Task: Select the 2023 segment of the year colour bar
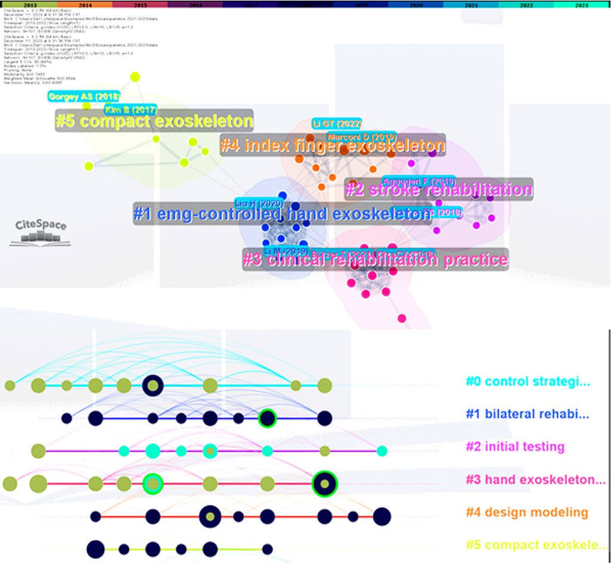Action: (581, 4)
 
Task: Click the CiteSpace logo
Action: (41, 232)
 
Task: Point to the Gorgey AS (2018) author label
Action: (84, 96)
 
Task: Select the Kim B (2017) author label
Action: (130, 110)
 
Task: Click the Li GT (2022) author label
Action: (337, 124)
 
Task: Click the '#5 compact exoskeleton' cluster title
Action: (154, 121)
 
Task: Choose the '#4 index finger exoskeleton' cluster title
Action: (333, 145)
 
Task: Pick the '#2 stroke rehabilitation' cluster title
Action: (439, 190)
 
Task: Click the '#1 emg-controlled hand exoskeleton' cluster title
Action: (283, 214)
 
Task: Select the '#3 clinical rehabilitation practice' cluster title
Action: (376, 259)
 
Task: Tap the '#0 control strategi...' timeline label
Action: (528, 382)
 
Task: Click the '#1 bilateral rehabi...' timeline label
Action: (528, 414)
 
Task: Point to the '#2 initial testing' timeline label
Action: (515, 447)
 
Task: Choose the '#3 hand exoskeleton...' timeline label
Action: (535, 479)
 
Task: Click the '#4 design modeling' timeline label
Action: (527, 512)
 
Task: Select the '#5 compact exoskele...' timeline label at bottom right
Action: (535, 544)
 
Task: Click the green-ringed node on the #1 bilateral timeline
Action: (267, 419)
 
